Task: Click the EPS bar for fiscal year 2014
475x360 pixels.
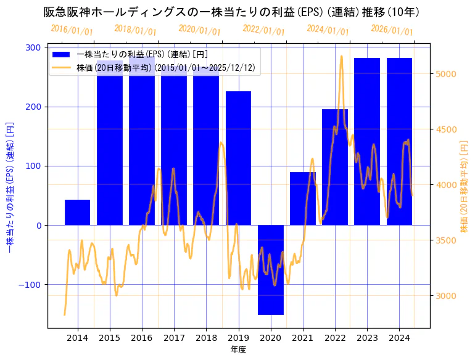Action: point(77,212)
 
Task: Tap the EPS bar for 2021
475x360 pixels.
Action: point(302,198)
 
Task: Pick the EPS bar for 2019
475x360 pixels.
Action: point(238,158)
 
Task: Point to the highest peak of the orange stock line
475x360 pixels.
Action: point(341,56)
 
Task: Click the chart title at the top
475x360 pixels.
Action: point(232,12)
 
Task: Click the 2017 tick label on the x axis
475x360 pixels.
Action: point(174,338)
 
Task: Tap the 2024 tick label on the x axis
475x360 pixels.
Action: point(399,338)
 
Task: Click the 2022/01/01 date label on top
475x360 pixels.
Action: point(263,30)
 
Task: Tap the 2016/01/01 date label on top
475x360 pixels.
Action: point(72,30)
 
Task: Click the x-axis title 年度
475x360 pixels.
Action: point(238,350)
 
